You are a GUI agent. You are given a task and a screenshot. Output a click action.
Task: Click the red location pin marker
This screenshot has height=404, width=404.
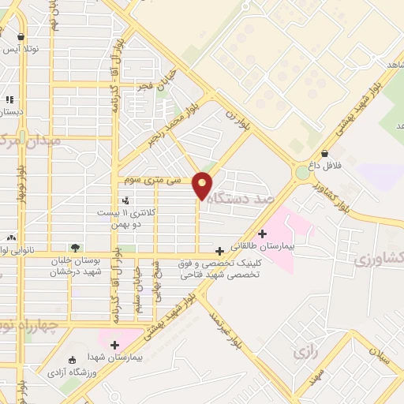(202, 185)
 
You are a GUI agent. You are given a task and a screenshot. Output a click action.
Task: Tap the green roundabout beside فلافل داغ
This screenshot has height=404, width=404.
(303, 173)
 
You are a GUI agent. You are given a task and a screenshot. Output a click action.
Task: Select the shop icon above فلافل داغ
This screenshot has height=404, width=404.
(324, 153)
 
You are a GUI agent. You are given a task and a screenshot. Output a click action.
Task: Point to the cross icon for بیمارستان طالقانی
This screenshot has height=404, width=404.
(262, 233)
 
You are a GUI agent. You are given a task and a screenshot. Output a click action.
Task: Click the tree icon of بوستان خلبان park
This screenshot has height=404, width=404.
(75, 248)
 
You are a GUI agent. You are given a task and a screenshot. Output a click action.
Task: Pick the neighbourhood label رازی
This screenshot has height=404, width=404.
(304, 352)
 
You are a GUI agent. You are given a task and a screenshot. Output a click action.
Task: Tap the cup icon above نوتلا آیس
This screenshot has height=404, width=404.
(21, 36)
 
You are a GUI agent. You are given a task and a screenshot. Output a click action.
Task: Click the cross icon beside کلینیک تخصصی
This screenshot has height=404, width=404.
(219, 251)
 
